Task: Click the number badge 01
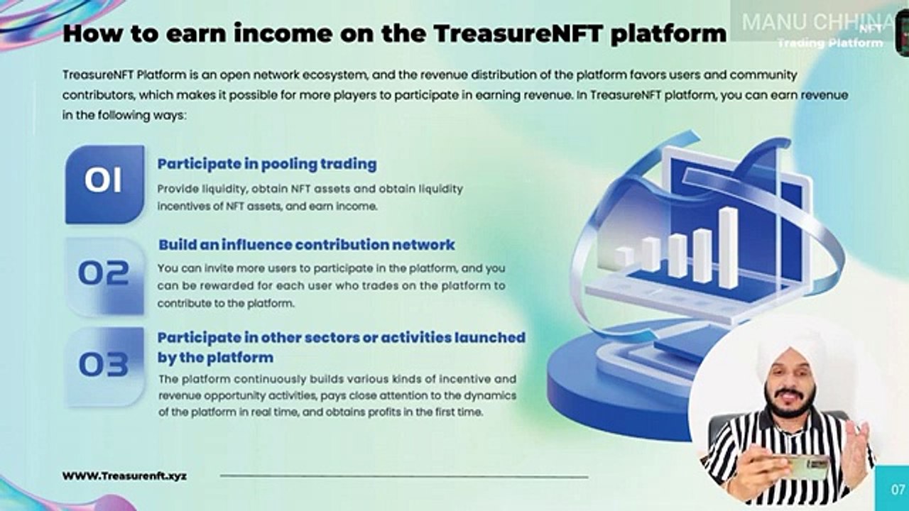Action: click(x=104, y=182)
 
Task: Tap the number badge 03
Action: click(x=104, y=365)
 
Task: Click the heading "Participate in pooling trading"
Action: click(x=267, y=164)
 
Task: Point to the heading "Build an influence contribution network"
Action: click(x=306, y=245)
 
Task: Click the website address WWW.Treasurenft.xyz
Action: click(x=124, y=476)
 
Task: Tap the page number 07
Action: click(x=898, y=489)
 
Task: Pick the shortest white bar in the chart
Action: click(x=624, y=256)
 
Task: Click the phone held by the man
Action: click(x=802, y=467)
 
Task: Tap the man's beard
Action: click(x=788, y=409)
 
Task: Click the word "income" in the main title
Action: click(x=255, y=33)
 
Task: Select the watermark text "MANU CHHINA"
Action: click(x=817, y=22)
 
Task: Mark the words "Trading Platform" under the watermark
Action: click(x=829, y=43)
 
